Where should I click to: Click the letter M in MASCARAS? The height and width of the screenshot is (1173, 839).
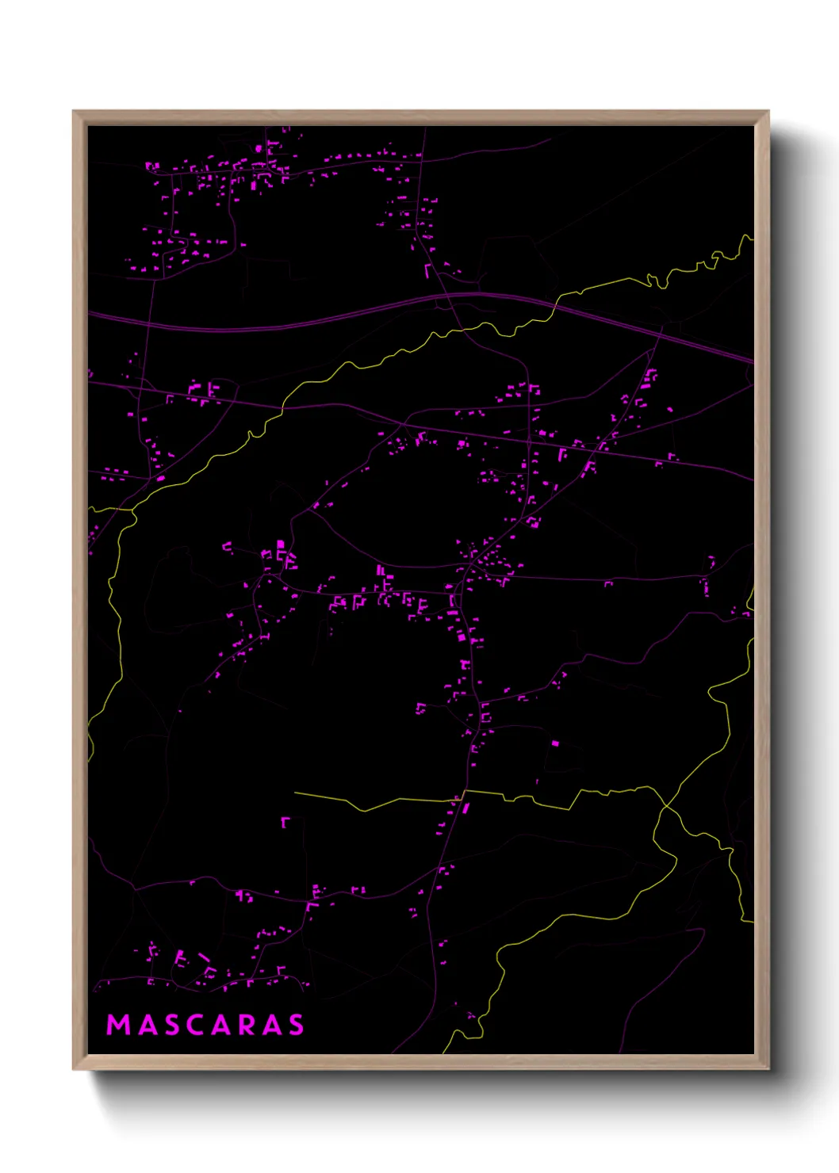118,1025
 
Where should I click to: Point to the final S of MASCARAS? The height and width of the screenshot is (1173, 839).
296,1025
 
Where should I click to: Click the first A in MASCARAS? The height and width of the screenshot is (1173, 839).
147,1025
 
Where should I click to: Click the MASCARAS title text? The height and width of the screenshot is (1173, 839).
205,1025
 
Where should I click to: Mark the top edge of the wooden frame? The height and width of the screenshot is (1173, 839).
420,117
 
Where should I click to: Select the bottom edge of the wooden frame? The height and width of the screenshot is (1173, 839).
420,1062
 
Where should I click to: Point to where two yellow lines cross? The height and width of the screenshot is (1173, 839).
664,808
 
